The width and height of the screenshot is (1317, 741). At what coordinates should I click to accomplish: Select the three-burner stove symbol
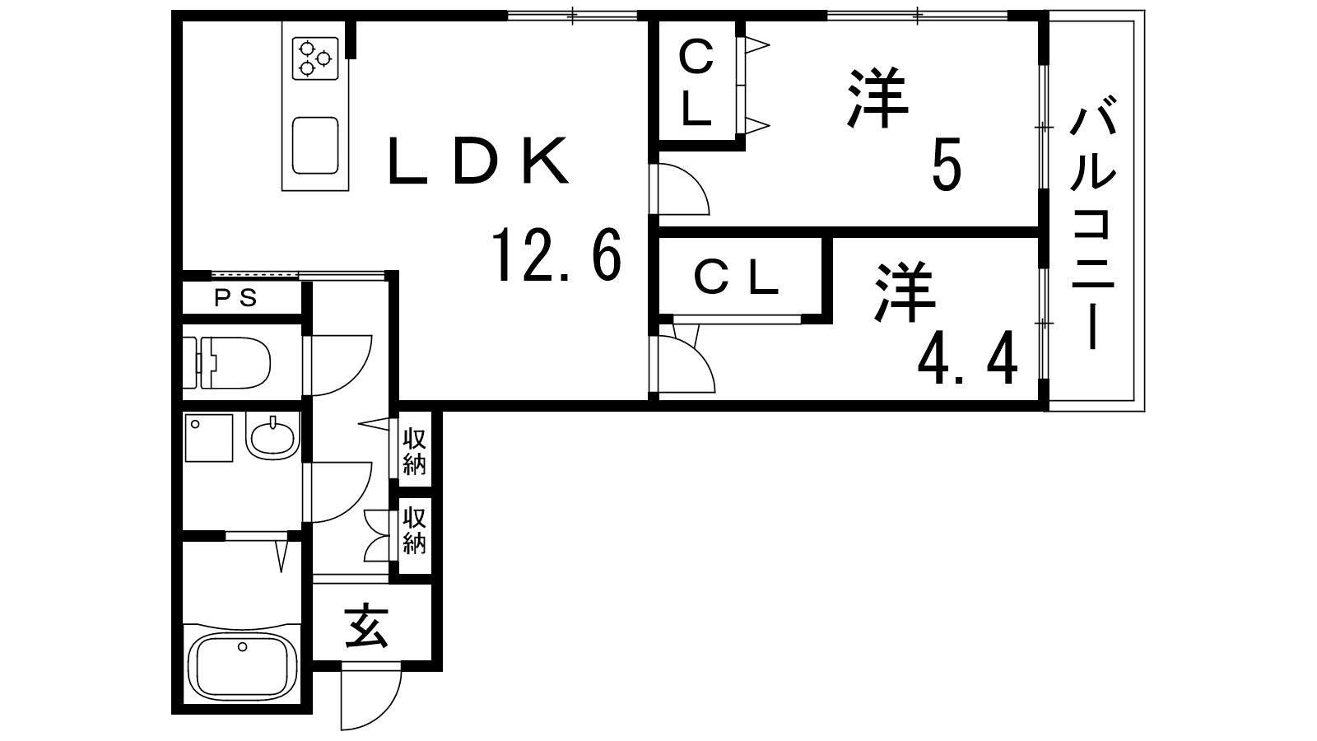click(x=315, y=58)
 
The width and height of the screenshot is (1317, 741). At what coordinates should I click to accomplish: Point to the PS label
click(x=236, y=298)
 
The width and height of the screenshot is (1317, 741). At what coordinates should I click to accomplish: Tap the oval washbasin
click(x=272, y=436)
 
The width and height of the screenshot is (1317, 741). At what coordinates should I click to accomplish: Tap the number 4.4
click(x=968, y=360)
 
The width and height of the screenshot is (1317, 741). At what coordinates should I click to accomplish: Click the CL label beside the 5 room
click(x=696, y=83)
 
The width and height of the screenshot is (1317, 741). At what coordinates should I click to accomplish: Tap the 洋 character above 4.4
click(x=905, y=292)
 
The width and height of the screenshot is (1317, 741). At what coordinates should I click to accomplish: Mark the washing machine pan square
click(x=208, y=437)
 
